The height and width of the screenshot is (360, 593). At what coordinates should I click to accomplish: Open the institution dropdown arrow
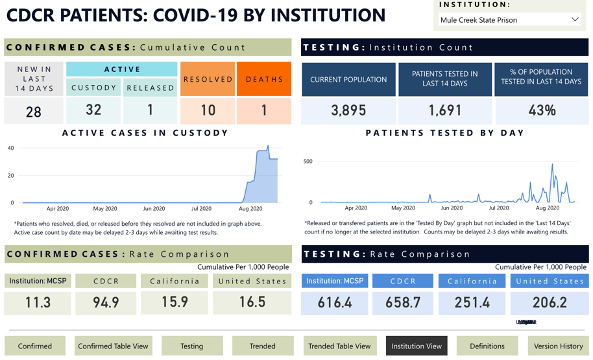click(x=575, y=19)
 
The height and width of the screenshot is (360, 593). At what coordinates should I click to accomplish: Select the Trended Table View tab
click(x=339, y=346)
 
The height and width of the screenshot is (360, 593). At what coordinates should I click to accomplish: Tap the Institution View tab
click(x=416, y=346)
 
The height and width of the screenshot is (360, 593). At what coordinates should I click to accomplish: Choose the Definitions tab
click(x=487, y=346)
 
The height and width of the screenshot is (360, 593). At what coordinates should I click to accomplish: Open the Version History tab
click(x=558, y=346)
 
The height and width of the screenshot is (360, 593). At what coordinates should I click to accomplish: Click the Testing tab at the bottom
click(x=192, y=346)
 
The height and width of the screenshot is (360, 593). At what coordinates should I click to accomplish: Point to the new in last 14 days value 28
click(x=34, y=112)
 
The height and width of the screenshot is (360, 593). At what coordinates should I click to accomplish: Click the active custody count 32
click(x=93, y=110)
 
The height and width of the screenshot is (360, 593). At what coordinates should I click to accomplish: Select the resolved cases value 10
click(x=208, y=110)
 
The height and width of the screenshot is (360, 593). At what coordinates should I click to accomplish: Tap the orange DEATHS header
click(x=264, y=79)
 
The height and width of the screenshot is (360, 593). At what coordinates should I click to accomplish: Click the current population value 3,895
click(x=348, y=110)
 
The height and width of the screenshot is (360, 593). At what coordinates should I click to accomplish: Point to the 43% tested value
click(x=541, y=110)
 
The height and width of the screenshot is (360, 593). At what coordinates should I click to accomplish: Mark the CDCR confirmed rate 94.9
click(x=106, y=302)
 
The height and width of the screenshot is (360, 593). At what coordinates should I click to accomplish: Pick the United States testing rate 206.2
click(x=549, y=302)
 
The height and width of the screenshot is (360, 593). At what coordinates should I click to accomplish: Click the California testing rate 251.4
click(x=472, y=302)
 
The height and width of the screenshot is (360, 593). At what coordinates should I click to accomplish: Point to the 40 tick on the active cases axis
click(x=10, y=148)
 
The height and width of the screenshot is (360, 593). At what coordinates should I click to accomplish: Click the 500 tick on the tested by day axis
click(x=308, y=162)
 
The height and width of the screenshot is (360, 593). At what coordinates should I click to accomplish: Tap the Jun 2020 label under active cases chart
click(x=154, y=209)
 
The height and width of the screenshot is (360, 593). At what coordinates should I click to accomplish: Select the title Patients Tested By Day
click(x=444, y=133)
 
